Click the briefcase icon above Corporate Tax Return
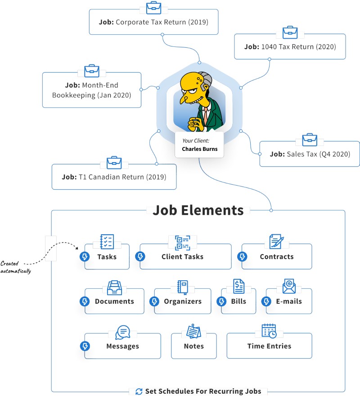tap(154, 8)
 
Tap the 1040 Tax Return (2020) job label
tap(290, 47)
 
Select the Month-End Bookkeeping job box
tap(91, 90)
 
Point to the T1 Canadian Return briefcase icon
tap(114, 162)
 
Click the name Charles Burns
tap(199, 149)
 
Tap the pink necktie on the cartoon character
tap(205, 116)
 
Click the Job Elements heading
tap(198, 210)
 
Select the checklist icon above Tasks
tap(107, 241)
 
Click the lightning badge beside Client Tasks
tap(140, 257)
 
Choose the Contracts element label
tap(276, 257)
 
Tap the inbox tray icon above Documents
tap(114, 287)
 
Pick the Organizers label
tap(182, 301)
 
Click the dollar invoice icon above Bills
tap(238, 287)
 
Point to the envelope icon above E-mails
tap(289, 287)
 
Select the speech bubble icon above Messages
tap(122, 332)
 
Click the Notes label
tap(193, 346)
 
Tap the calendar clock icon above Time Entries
tap(269, 331)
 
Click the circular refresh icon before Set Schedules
tap(139, 391)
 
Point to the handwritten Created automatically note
tap(16, 267)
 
